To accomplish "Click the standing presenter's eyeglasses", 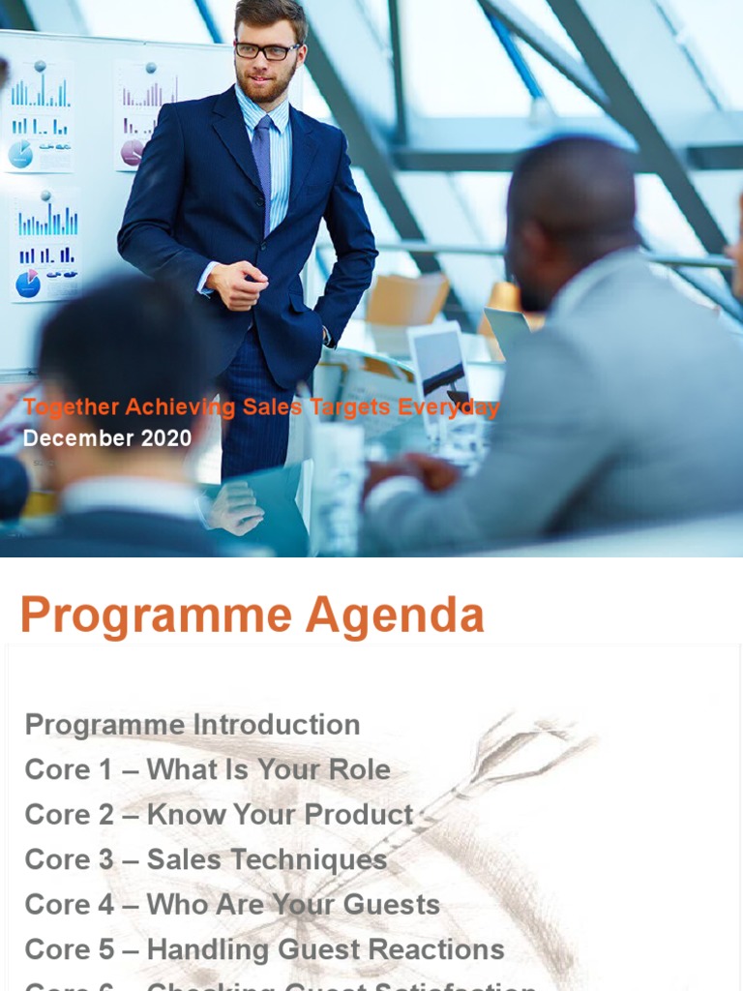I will pyautogui.click(x=266, y=50).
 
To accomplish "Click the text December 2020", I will pyautogui.click(x=107, y=438).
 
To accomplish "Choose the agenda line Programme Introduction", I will pyautogui.click(x=193, y=725).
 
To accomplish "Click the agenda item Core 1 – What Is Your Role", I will pyautogui.click(x=208, y=770).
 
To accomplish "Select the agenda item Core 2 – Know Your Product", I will pyautogui.click(x=219, y=815).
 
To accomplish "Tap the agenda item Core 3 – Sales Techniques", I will pyautogui.click(x=206, y=859).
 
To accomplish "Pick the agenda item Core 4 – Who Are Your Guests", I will pyautogui.click(x=232, y=905).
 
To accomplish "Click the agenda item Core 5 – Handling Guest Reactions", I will pyautogui.click(x=264, y=949).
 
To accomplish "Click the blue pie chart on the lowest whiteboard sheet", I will pyautogui.click(x=28, y=284).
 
